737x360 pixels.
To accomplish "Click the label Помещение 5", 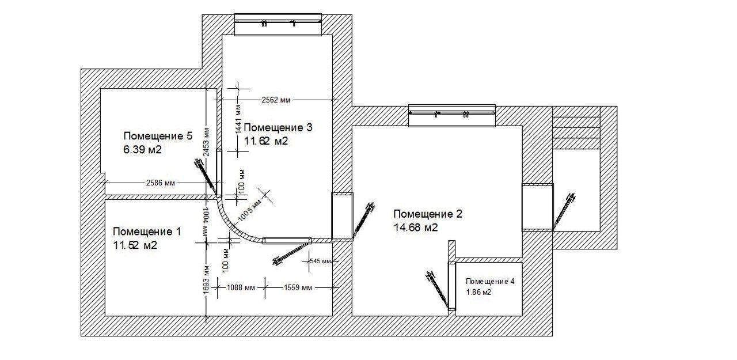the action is (x=158, y=136).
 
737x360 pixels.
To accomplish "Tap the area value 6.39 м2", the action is (x=142, y=150).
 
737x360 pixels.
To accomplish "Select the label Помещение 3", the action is (x=278, y=127).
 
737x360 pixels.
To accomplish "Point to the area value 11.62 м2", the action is (x=266, y=141).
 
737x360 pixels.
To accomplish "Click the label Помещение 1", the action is (x=147, y=232).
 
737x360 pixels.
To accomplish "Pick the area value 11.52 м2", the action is (x=135, y=245).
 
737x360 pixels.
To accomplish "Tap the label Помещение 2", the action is (x=428, y=214).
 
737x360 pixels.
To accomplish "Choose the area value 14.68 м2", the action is (x=416, y=228).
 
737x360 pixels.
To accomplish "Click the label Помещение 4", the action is (x=490, y=281).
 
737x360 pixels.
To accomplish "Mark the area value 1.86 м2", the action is (x=478, y=292).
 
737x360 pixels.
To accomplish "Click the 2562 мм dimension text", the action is (x=276, y=100).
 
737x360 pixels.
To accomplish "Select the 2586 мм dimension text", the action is (x=160, y=183).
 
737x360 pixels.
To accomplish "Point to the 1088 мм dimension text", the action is (x=241, y=287).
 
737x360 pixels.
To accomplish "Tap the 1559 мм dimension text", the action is (x=298, y=287).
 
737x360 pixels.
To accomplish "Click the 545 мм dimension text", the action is (x=321, y=261).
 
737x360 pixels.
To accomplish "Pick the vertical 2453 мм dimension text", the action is (x=206, y=142).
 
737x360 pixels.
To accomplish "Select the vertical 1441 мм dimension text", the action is (x=238, y=119).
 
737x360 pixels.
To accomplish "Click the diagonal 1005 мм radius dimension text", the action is (x=249, y=210).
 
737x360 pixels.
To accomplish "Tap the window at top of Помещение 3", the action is (x=278, y=24).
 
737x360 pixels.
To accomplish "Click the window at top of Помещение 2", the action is (x=452, y=116).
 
